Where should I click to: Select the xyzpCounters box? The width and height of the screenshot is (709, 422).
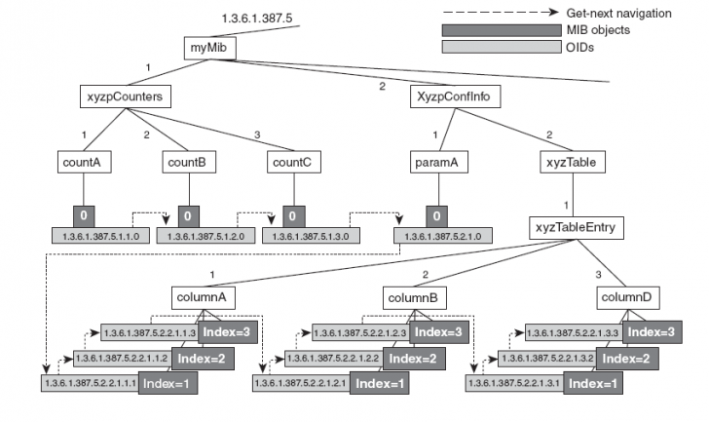point(123,96)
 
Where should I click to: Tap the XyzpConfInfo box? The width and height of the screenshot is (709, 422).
point(447,96)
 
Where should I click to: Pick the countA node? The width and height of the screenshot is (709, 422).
point(85,163)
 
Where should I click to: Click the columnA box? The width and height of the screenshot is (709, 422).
point(201,295)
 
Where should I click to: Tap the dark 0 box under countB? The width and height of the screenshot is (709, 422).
point(189,215)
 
